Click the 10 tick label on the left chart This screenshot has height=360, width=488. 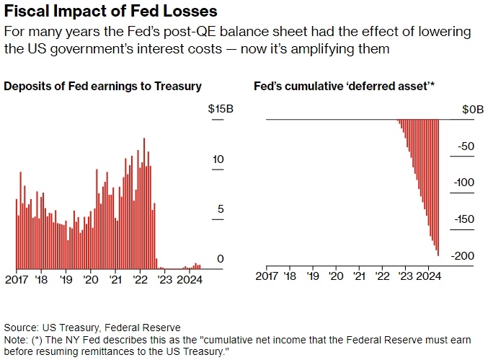[x=221, y=159]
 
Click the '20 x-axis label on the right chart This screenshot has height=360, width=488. [x=336, y=276]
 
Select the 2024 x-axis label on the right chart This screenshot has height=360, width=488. [x=429, y=276]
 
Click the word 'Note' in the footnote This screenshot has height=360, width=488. [x=16, y=340]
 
